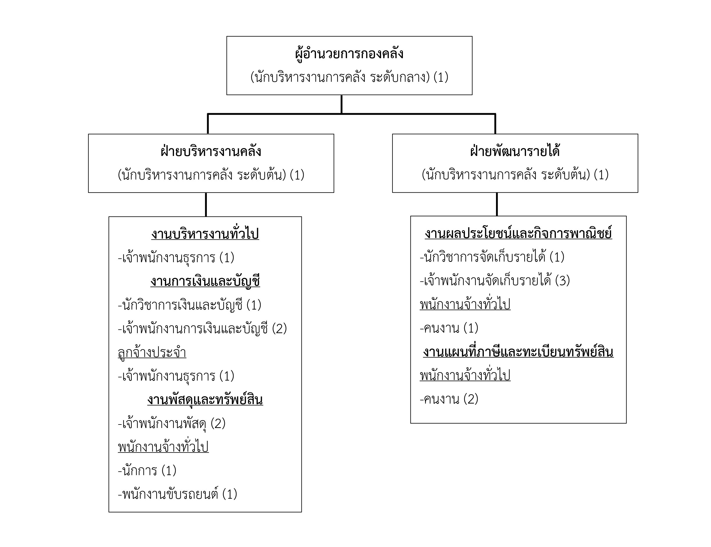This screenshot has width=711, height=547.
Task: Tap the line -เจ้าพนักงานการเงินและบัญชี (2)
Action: [x=202, y=329]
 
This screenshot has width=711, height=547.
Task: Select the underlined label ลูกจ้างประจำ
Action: [x=152, y=353]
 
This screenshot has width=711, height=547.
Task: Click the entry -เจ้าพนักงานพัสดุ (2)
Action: [x=172, y=424]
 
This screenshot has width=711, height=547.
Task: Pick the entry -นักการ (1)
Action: [x=147, y=471]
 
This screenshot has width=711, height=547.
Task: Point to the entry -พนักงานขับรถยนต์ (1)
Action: [x=177, y=495]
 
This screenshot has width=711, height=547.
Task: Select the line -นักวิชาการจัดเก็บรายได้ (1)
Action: [x=492, y=257]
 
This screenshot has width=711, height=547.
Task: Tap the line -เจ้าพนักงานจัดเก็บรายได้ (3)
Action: [x=495, y=281]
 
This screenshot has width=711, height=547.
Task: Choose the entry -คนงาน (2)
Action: [x=449, y=399]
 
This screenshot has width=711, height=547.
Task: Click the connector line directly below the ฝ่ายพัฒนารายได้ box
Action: [x=497, y=204]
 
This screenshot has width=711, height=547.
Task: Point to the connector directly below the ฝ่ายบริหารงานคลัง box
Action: [x=206, y=205]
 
